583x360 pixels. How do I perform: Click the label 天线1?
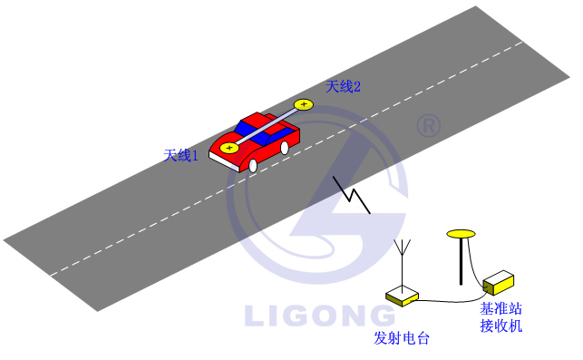(x=180, y=155)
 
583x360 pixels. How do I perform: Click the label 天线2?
(x=344, y=87)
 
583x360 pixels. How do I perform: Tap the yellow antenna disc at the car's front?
(x=229, y=147)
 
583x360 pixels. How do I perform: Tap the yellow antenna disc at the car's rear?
(x=303, y=105)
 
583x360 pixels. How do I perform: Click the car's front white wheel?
(x=253, y=165)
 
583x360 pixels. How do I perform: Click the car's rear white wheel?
(x=285, y=147)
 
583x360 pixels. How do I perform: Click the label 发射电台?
(x=401, y=338)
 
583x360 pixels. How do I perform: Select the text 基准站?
(x=500, y=308)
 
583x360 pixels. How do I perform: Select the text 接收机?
(x=500, y=325)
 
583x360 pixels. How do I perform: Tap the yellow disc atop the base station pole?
(x=462, y=235)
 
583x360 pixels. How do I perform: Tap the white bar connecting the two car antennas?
(x=267, y=126)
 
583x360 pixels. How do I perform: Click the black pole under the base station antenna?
(x=462, y=263)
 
